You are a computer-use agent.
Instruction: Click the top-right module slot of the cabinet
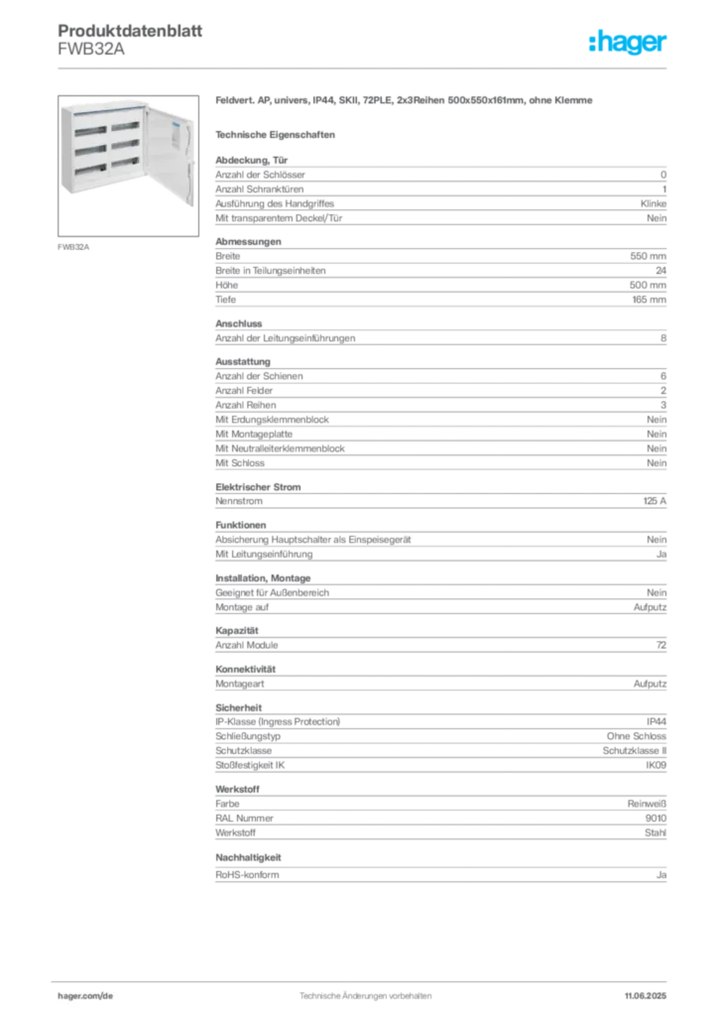tap(124, 126)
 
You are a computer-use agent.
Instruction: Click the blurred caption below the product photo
tap(75, 246)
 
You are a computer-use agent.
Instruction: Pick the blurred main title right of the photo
tap(405, 102)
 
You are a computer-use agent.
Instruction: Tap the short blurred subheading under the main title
tap(278, 133)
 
